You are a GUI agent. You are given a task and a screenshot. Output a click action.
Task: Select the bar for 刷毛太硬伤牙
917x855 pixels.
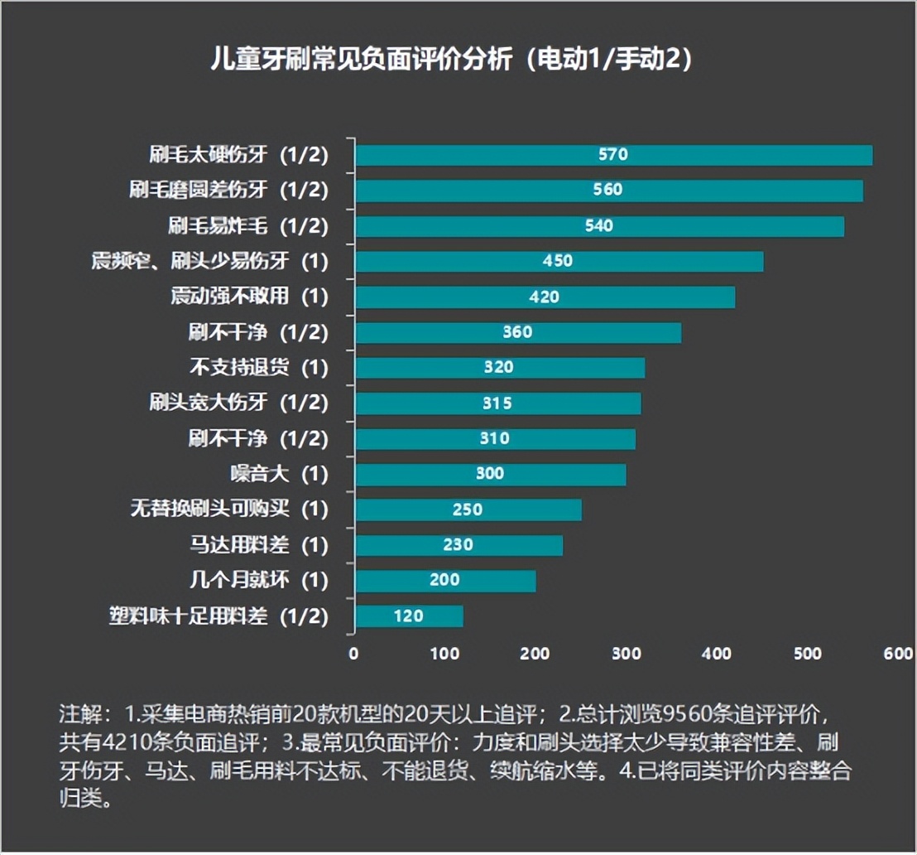613,155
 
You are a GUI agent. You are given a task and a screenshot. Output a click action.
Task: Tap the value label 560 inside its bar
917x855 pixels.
607,190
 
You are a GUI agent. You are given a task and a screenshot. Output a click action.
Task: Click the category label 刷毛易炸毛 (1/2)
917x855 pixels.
247,225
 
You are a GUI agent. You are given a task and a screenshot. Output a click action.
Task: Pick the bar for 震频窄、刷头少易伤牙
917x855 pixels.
559,261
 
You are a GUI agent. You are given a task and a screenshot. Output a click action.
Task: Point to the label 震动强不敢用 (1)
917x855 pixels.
248,297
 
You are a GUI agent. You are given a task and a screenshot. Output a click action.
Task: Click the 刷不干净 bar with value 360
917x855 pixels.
517,332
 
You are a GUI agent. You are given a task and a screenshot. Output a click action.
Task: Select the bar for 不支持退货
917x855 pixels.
499,368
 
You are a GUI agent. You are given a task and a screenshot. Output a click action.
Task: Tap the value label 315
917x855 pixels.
497,403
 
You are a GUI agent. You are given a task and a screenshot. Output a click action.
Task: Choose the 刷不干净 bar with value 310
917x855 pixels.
495,439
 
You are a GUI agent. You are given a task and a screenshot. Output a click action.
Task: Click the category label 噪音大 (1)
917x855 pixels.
279,475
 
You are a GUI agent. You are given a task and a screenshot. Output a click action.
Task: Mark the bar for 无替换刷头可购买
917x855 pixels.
468,510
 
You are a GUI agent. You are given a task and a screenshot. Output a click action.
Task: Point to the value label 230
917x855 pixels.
458,545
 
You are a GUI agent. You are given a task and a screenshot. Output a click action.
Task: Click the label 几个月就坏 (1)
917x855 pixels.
258,581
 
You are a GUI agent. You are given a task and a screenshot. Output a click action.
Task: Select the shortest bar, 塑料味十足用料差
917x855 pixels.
408,616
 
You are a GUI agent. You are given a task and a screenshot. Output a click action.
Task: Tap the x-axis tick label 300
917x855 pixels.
627,654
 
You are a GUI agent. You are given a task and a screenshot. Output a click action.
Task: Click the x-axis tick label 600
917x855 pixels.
898,654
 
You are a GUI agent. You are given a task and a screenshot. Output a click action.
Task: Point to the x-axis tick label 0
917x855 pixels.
354,654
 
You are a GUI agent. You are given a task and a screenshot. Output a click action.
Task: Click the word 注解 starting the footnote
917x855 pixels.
80,712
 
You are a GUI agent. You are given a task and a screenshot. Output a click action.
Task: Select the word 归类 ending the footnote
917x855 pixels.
80,802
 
